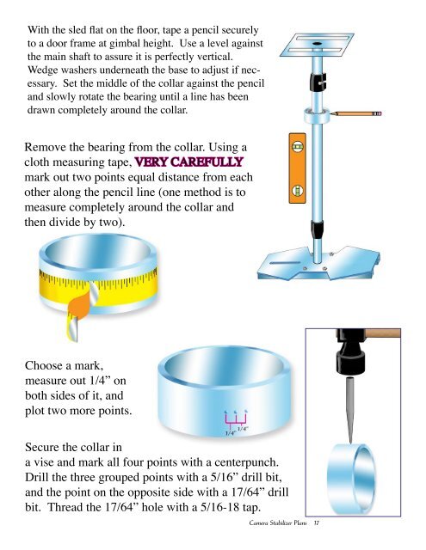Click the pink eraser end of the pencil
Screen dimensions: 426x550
[x=378, y=114]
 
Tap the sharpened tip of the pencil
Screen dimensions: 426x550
[x=331, y=113]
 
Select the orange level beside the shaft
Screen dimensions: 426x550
[x=298, y=168]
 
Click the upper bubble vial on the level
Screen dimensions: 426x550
[x=298, y=147]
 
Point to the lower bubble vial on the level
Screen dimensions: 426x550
[x=298, y=191]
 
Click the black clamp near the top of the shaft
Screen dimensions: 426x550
[x=318, y=82]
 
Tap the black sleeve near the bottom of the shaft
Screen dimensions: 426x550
[x=317, y=229]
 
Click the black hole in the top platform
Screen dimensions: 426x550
[x=317, y=44]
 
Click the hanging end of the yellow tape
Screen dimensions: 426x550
[x=71, y=328]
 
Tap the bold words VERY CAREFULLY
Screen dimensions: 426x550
[x=189, y=162]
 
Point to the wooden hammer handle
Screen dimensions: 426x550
[x=383, y=333]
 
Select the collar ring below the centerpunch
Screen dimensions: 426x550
[x=351, y=480]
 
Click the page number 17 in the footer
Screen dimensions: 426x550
[x=317, y=523]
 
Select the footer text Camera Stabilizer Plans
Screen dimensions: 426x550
[x=278, y=523]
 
